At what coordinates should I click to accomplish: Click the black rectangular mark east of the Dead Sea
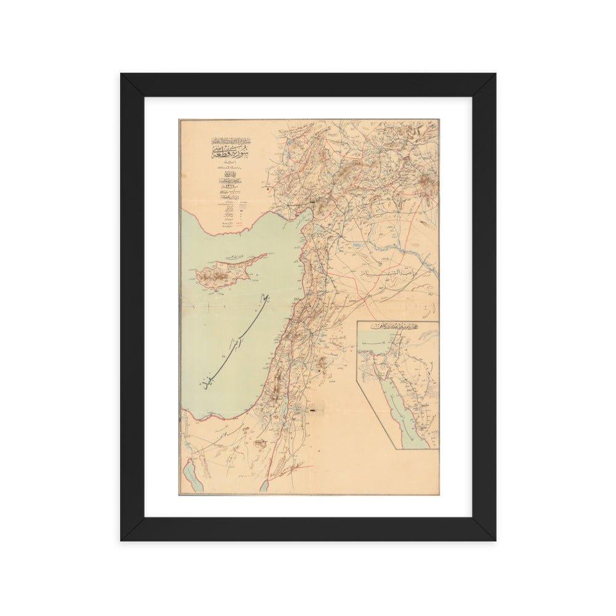pos(317,409)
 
